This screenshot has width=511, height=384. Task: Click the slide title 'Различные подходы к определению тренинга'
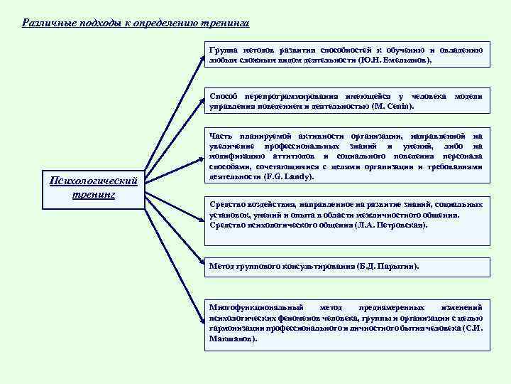click(x=136, y=23)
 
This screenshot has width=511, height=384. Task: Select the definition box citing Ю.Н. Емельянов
click(x=346, y=56)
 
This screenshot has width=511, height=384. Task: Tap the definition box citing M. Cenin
click(x=346, y=101)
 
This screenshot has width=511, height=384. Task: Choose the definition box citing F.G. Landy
click(x=346, y=156)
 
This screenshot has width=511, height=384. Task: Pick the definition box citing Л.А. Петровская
click(x=346, y=214)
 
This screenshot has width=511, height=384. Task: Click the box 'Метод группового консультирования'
click(x=346, y=267)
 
